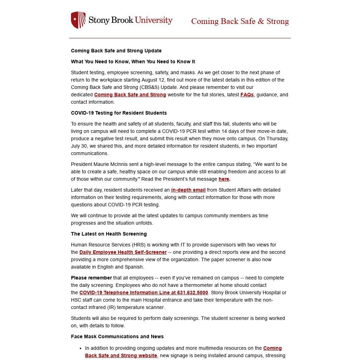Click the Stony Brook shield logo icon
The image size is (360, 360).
pos(78,20)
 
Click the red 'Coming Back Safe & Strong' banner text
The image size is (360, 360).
pos(240,21)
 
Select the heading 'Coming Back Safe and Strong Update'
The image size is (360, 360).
pos(116,51)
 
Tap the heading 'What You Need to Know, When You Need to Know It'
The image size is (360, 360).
pos(133,62)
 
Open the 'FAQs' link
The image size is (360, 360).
pos(247,95)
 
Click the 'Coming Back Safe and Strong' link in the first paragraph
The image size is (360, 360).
pos(130,95)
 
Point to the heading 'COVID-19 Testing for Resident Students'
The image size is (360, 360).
pos(119,113)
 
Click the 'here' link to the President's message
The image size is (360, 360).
pos(224,179)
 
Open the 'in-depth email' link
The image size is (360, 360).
pos(188,190)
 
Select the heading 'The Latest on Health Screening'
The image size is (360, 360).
pos(109,234)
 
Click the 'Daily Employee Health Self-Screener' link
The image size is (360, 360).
pos(123,252)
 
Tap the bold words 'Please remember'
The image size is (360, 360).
pos(91,278)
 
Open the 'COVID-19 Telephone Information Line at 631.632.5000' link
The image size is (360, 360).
pos(143,292)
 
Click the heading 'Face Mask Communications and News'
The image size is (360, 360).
pos(117,336)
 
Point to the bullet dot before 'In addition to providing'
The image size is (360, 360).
pos(81,348)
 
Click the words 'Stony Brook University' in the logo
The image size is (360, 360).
pos(130,20)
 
